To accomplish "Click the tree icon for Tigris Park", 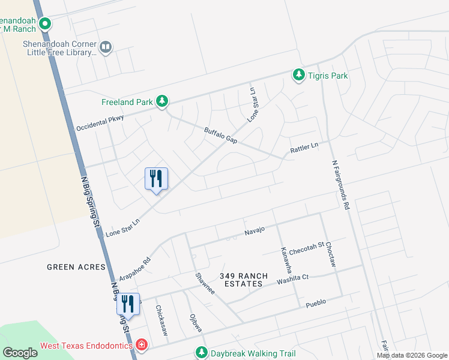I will pyautogui.click(x=298, y=75).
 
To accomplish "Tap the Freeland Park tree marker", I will pyautogui.click(x=161, y=101).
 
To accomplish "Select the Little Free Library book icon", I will pyautogui.click(x=106, y=47).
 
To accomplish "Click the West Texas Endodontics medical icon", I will pyautogui.click(x=141, y=346).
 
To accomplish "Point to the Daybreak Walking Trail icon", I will pyautogui.click(x=202, y=353).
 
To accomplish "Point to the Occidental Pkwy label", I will pyautogui.click(x=100, y=123).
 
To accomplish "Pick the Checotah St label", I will pyautogui.click(x=307, y=248).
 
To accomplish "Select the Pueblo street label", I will pyautogui.click(x=316, y=302).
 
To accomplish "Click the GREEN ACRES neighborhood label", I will pyautogui.click(x=76, y=267).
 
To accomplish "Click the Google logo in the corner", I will pyautogui.click(x=19, y=353).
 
